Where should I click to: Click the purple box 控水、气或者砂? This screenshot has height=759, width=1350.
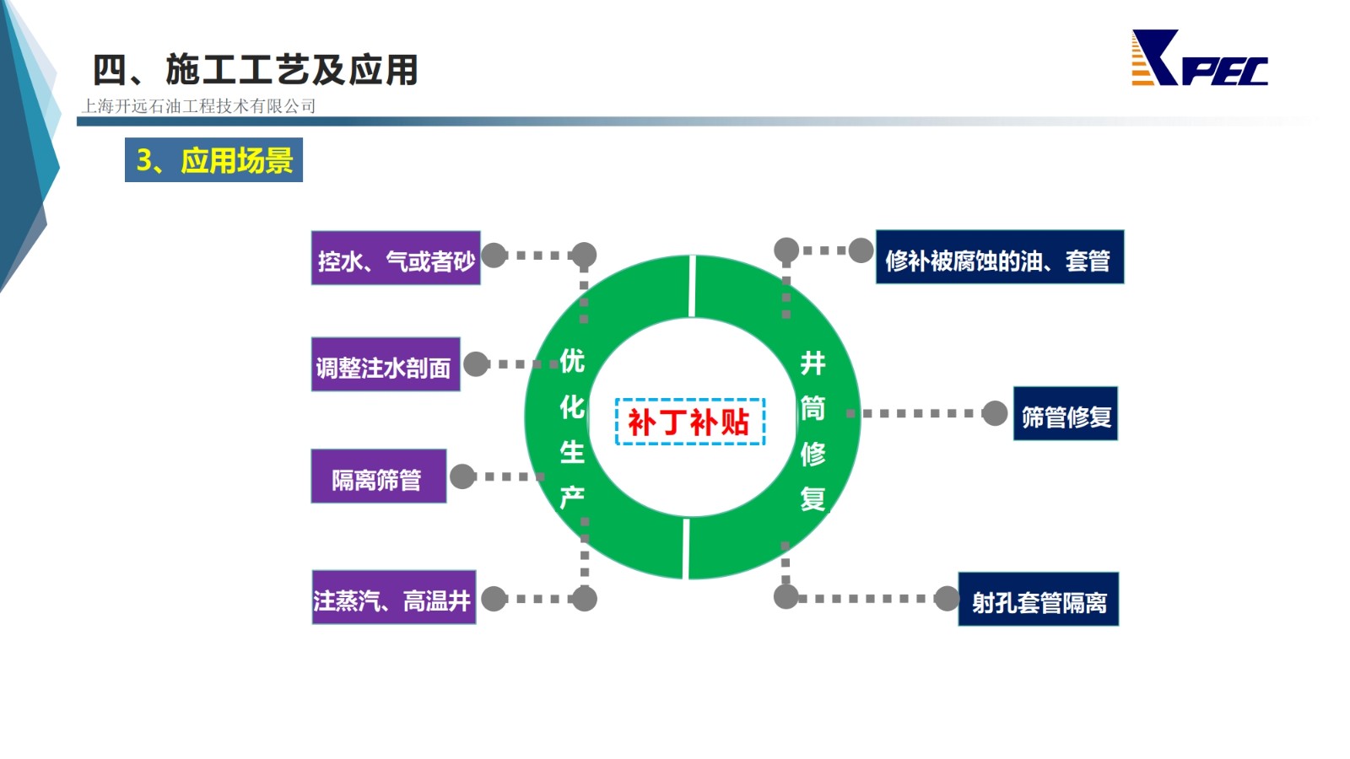[396, 258]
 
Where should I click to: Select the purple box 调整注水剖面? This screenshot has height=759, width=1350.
[386, 364]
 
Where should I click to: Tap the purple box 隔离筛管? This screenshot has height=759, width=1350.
[379, 476]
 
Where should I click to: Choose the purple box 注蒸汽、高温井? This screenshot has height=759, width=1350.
[394, 598]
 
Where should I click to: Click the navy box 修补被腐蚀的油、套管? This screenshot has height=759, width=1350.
[1000, 256]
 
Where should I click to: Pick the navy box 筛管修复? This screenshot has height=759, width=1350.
[1066, 413]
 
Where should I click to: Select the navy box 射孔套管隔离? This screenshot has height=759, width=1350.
[1039, 600]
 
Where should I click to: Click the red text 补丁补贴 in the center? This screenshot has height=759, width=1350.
[689, 422]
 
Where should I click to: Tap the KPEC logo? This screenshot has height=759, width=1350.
[1199, 58]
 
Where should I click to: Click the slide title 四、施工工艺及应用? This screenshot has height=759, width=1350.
[256, 70]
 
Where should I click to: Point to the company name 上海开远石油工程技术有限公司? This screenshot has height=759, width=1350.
[198, 106]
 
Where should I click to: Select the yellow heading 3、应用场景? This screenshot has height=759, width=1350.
[214, 160]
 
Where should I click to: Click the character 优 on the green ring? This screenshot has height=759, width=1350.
[572, 361]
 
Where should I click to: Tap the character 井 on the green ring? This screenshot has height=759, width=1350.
[813, 363]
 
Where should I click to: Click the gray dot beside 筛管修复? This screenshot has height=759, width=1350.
[995, 413]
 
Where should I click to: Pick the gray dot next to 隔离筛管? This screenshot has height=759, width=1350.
[463, 476]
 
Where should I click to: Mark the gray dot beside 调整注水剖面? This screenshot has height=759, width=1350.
[476, 363]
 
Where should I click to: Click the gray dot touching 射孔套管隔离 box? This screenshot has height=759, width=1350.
[947, 599]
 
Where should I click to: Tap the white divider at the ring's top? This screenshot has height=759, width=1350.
[692, 286]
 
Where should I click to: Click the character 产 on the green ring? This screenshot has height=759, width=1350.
[572, 498]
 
